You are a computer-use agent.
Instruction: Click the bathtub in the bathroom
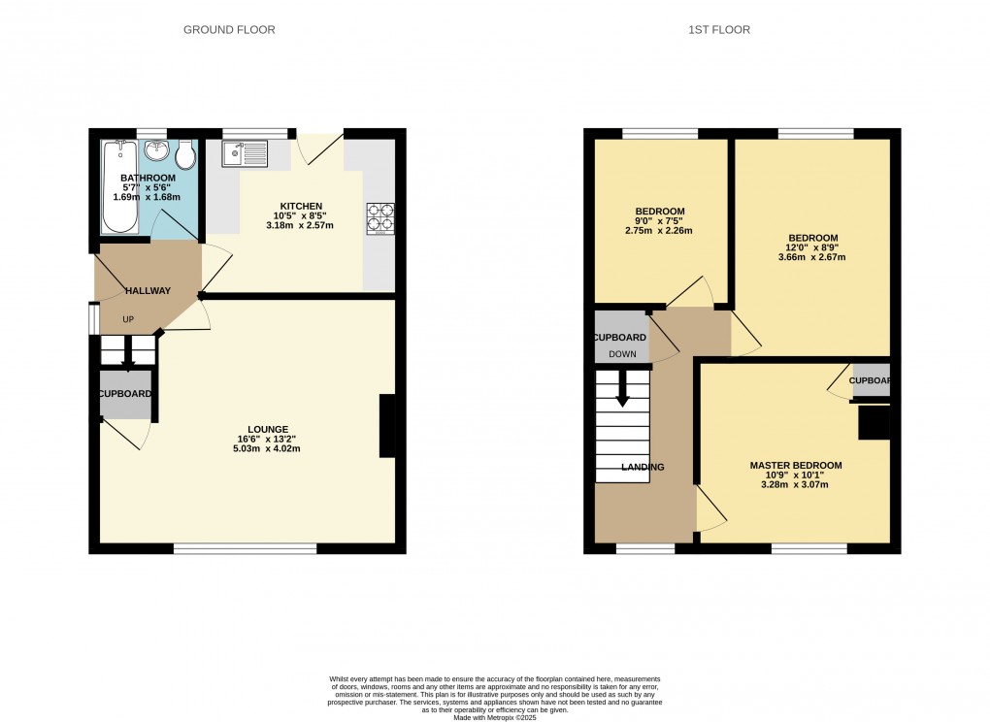[x=120, y=187]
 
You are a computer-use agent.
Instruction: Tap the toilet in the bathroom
[x=185, y=154]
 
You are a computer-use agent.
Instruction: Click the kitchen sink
[x=244, y=152]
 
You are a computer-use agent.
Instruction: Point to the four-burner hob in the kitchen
[x=379, y=218]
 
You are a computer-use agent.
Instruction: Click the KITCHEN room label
[x=301, y=206]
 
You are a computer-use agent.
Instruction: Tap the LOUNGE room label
[x=268, y=429]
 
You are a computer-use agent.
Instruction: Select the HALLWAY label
[x=147, y=290]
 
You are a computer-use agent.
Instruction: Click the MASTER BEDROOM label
[x=795, y=466]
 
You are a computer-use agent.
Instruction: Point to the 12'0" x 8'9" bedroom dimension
[x=812, y=247]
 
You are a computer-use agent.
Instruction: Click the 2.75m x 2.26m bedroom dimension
[x=660, y=231]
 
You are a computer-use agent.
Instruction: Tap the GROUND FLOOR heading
[x=229, y=30]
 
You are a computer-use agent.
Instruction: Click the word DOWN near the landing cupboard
[x=622, y=354]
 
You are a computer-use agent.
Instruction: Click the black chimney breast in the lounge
[x=386, y=425]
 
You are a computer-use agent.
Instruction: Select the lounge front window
[x=245, y=549]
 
